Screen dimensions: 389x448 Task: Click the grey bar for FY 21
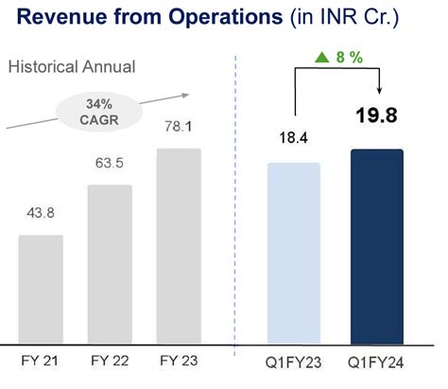(41, 289)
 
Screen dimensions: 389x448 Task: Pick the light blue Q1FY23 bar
(295, 252)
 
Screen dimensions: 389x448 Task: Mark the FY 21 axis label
(41, 362)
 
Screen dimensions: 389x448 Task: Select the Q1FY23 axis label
(295, 362)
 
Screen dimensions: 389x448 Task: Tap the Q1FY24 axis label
(377, 362)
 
